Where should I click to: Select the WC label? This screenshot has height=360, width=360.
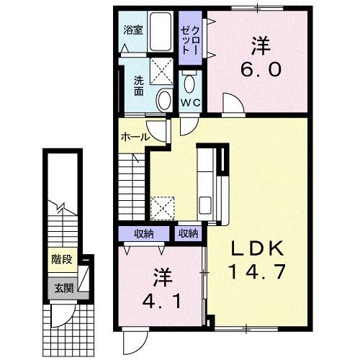[190, 102]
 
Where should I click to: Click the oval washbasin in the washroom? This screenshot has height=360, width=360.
[163, 100]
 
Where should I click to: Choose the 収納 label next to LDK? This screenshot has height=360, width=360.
[189, 233]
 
